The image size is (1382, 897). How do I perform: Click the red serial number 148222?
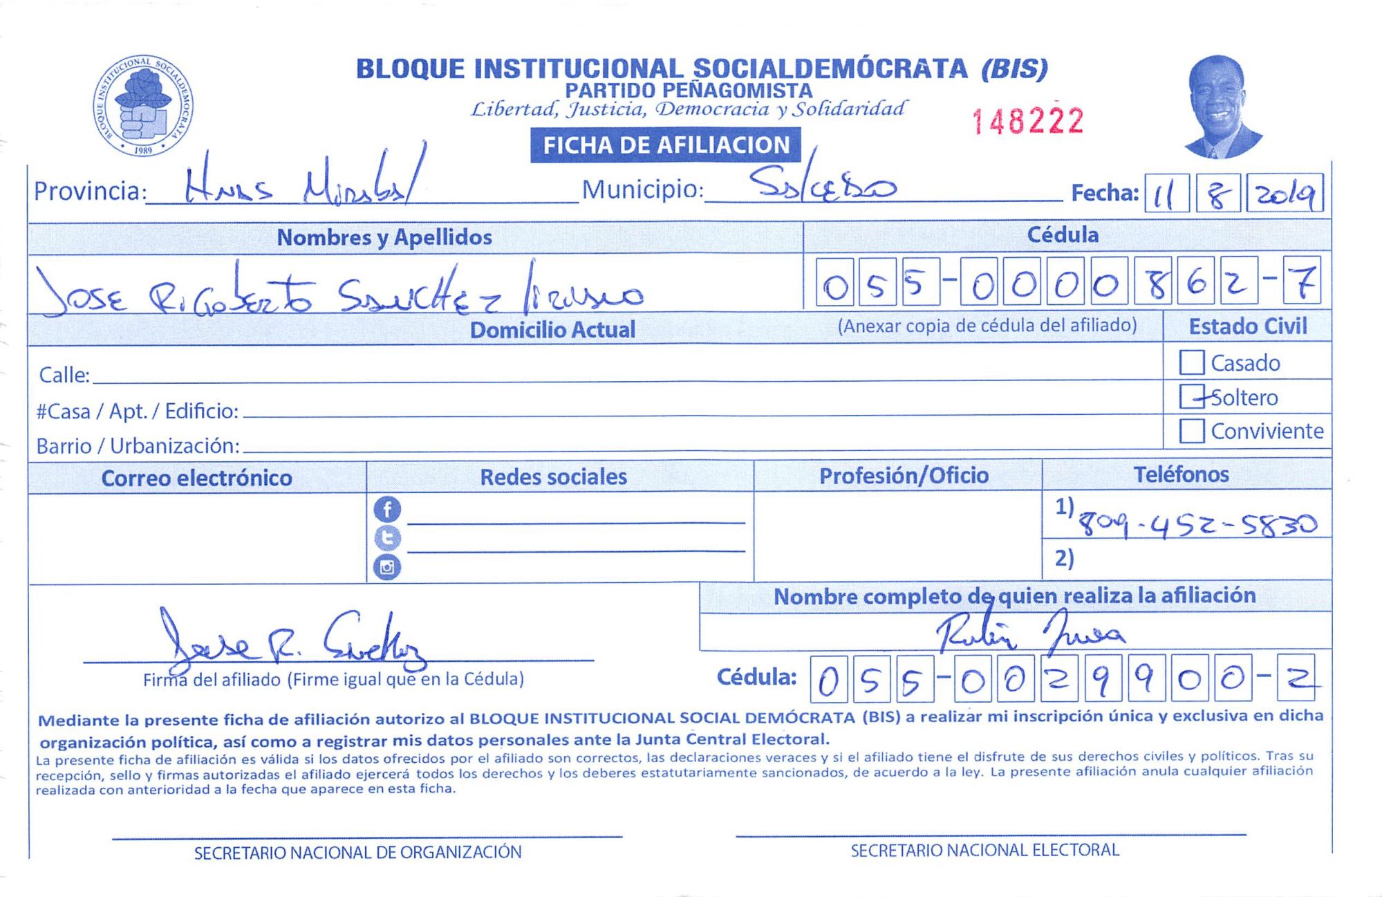tap(1027, 121)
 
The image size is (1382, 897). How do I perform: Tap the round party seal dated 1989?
tap(143, 105)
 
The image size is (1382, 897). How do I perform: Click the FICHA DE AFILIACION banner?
tap(666, 145)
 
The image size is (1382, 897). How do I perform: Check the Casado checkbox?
tap(1191, 362)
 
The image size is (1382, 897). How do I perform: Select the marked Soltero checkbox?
tap(1191, 396)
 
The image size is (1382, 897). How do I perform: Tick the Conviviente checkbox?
tap(1191, 431)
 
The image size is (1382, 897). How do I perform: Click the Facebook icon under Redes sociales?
tap(387, 510)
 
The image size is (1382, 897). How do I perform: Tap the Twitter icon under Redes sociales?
tap(387, 538)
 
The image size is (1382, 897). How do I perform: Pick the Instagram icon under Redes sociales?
tap(387, 567)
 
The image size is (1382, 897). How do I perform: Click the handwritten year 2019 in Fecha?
tap(1285, 194)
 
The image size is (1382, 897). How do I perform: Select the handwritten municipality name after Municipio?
tap(823, 185)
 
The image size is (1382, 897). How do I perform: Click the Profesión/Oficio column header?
tap(904, 476)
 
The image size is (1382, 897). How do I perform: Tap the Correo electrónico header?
tap(196, 478)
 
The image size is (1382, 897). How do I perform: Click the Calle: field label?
tap(64, 375)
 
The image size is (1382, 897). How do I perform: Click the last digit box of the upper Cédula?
tap(1302, 281)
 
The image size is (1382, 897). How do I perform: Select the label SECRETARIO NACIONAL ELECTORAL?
tap(984, 850)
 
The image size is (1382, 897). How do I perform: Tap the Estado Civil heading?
tap(1247, 326)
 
